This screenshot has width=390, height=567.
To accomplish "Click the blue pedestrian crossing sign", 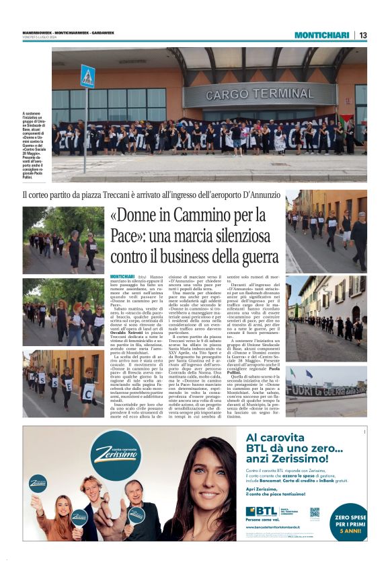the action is coord(87,75).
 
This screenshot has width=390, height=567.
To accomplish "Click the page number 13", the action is coord(363,35).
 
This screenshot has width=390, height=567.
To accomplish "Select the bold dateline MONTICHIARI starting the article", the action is coord(122,276).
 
